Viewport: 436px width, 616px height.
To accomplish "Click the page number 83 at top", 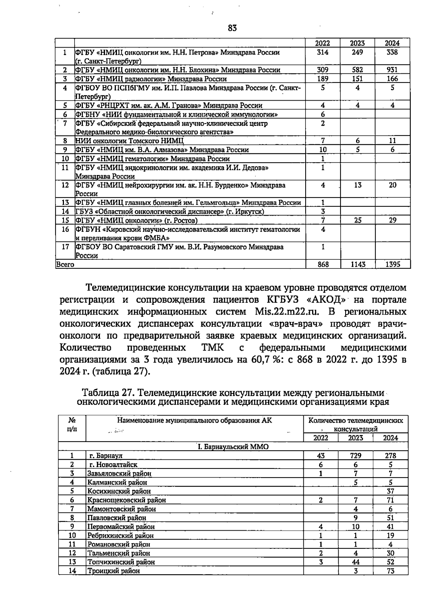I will [232, 28].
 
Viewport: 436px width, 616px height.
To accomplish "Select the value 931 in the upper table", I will [392, 70].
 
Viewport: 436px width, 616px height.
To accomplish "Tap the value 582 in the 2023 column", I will [358, 70].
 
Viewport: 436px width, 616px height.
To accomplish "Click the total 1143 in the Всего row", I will [358, 264].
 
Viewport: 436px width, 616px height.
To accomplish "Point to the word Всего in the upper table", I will [65, 264].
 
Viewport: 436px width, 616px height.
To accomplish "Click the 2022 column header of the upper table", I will [322, 43].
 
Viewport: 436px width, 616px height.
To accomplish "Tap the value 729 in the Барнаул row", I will [355, 455].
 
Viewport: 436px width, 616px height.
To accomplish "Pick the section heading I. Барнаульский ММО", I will [233, 446].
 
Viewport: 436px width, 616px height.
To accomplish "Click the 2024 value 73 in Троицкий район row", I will [391, 571].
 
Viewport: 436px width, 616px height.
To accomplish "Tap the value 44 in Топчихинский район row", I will [355, 562].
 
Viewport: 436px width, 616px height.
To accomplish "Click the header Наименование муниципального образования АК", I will [194, 421].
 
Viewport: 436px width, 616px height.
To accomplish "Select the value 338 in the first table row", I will [392, 52].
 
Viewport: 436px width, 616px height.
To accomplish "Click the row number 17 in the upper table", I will [65, 247].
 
